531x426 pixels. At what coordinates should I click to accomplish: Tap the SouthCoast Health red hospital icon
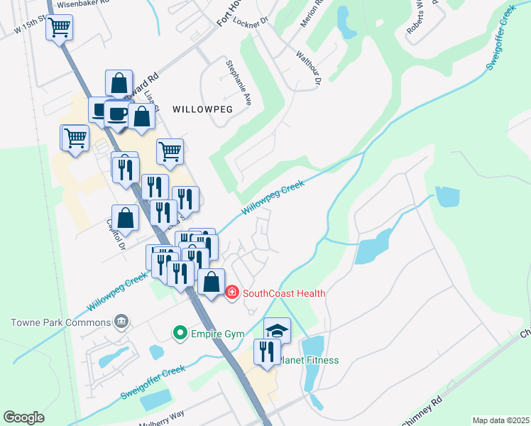(231, 293)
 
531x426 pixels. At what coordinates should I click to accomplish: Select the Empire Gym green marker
(180, 332)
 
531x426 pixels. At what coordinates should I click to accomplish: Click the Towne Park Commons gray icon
(121, 322)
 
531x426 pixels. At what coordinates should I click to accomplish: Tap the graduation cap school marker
(277, 330)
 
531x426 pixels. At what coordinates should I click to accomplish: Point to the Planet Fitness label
(309, 360)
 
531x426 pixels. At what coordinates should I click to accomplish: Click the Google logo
(23, 417)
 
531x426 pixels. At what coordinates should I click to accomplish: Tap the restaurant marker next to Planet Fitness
(267, 351)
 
